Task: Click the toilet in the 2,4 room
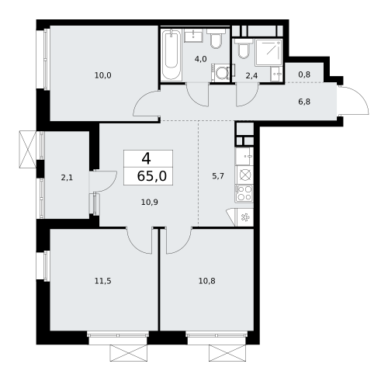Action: [244, 51]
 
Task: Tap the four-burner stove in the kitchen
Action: [244, 192]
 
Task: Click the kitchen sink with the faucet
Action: [244, 174]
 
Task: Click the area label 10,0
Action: [102, 75]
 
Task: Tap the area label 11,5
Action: [102, 281]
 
